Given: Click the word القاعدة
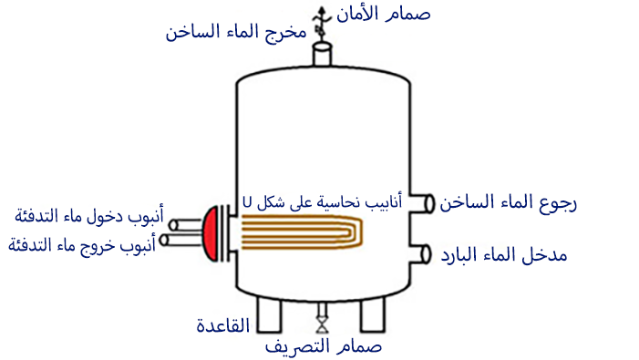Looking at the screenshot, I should [x=222, y=326].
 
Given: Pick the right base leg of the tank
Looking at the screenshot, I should [x=373, y=314].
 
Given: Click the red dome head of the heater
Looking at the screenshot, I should [x=210, y=231].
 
